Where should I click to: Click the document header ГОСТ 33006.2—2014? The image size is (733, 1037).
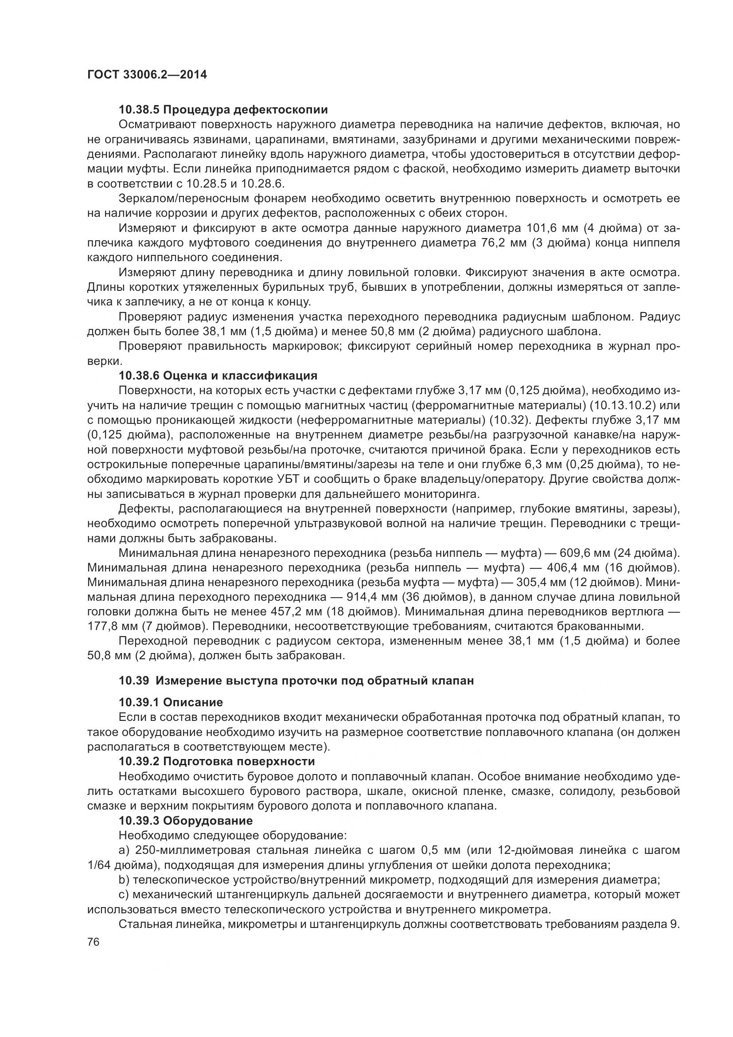[x=147, y=74]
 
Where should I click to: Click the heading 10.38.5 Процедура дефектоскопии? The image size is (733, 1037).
[x=223, y=110]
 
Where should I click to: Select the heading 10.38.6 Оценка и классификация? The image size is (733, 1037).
[x=218, y=376]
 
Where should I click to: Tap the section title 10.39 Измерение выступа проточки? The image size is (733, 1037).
[x=296, y=681]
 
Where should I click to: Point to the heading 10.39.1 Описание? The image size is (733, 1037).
[x=171, y=702]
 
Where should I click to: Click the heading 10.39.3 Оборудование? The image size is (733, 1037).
[x=186, y=820]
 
